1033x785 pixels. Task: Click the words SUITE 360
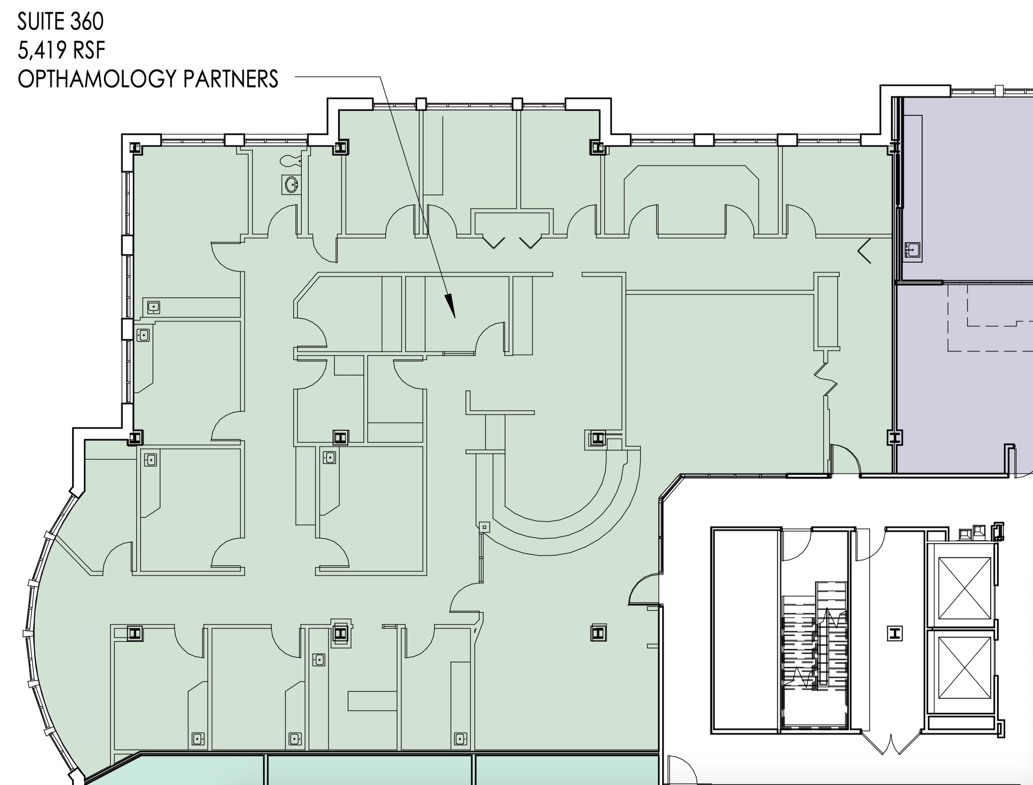[x=61, y=22]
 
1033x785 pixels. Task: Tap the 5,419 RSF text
[x=61, y=50]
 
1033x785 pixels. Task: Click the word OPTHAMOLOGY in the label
[x=96, y=79]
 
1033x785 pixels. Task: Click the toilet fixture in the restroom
[x=290, y=161]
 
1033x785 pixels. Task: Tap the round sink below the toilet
[x=292, y=184]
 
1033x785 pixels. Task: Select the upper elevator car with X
[x=964, y=588]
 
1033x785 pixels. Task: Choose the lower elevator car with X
[x=964, y=667]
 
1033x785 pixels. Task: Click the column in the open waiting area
[x=598, y=633]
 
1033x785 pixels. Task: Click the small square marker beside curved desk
[x=484, y=527]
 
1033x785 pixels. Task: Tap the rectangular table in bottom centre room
[x=372, y=701]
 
